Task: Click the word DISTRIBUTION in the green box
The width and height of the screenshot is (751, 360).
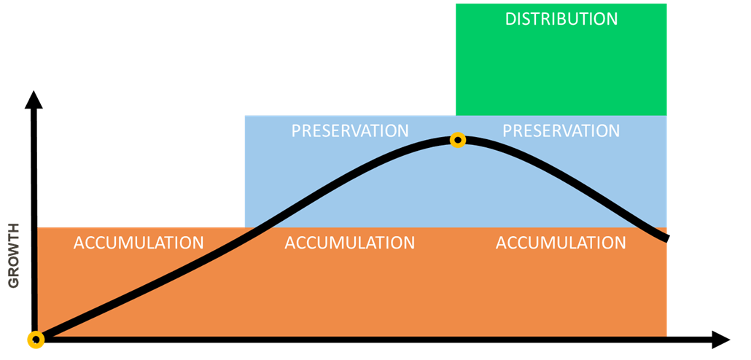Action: tap(561, 19)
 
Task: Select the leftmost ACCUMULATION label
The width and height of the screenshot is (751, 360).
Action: tap(139, 243)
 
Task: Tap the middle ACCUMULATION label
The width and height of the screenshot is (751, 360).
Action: tap(350, 243)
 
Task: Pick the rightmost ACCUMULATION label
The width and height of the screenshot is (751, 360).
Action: tap(561, 243)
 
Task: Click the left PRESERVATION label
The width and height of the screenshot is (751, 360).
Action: tap(350, 130)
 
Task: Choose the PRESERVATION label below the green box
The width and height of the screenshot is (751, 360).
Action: tap(561, 130)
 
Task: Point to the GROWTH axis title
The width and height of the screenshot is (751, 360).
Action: tap(14, 255)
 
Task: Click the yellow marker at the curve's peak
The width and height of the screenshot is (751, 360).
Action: tap(458, 140)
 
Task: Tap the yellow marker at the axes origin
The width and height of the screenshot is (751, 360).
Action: tap(36, 340)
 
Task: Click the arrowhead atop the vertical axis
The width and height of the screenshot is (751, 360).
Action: tap(34, 99)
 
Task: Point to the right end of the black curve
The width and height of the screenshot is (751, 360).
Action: tap(666, 238)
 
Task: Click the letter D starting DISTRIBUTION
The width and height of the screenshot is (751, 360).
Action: tap(511, 19)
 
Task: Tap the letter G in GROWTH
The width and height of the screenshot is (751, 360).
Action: tap(14, 283)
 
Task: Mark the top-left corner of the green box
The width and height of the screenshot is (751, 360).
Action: tap(456, 4)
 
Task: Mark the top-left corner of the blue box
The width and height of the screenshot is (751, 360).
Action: tap(245, 115)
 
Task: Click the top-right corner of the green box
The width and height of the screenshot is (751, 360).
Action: tap(666, 4)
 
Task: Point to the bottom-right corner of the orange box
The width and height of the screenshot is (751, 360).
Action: tap(666, 336)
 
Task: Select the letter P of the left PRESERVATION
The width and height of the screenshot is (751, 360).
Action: tap(297, 130)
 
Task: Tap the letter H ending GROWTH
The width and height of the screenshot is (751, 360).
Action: tap(14, 228)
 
